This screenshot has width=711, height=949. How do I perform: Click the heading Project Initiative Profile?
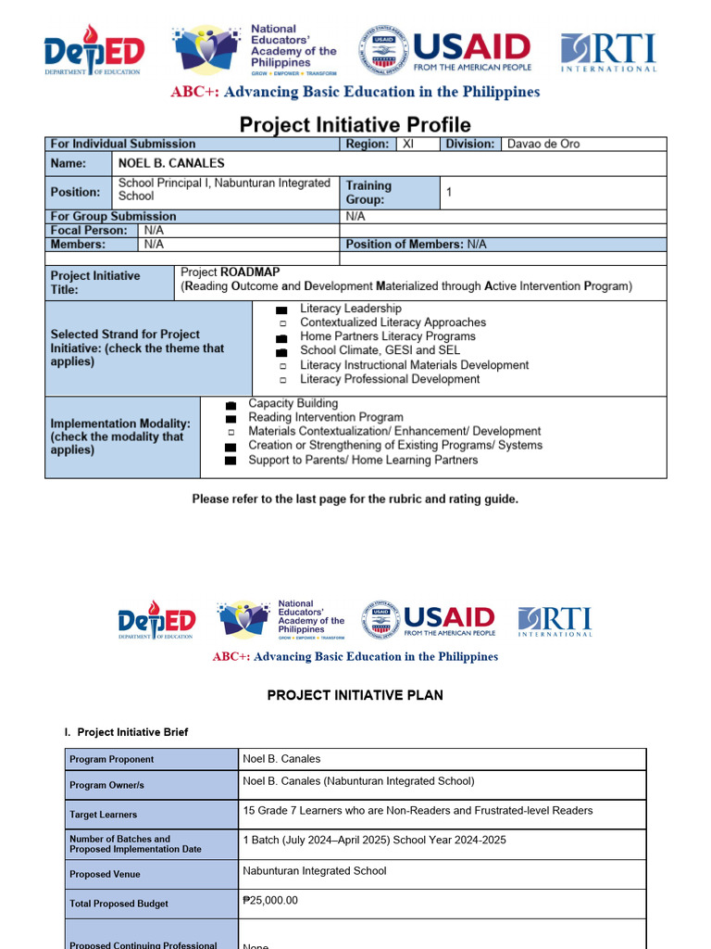click(x=355, y=125)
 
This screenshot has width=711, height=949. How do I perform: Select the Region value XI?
click(x=408, y=144)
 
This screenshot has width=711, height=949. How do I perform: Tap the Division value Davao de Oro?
click(x=543, y=144)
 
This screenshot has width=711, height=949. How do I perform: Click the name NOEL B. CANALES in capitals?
click(x=171, y=163)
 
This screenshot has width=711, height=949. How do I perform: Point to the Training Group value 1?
click(x=449, y=192)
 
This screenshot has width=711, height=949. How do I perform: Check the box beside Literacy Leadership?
click(x=281, y=310)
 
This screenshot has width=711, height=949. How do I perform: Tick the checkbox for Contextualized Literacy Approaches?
click(x=282, y=323)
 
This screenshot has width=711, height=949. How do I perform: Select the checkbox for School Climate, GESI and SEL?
click(x=281, y=351)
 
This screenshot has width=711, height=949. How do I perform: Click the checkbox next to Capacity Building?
click(x=231, y=405)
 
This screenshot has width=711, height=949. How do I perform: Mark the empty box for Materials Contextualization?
click(x=231, y=433)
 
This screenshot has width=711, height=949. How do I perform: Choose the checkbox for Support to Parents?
click(x=231, y=461)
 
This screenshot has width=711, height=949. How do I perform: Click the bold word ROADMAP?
click(x=250, y=272)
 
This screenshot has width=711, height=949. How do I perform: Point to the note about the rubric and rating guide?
click(x=355, y=499)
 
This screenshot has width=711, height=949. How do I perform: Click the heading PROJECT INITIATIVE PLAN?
click(x=355, y=695)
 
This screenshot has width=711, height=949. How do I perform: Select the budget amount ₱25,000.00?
click(x=270, y=900)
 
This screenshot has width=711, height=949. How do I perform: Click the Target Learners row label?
click(x=103, y=815)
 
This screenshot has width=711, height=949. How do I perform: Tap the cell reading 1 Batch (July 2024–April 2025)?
click(x=374, y=841)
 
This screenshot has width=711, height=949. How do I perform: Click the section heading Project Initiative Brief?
click(x=132, y=732)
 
